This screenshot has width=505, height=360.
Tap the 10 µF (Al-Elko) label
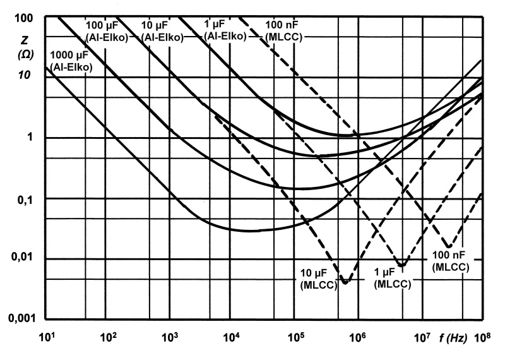[x=163, y=32]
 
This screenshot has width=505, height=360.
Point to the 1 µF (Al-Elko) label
[x=225, y=32]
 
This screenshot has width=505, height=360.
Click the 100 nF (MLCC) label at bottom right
[x=451, y=262]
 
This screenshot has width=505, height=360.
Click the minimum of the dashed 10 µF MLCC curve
[x=345, y=282]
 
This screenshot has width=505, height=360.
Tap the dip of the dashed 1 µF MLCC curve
[x=402, y=263]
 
